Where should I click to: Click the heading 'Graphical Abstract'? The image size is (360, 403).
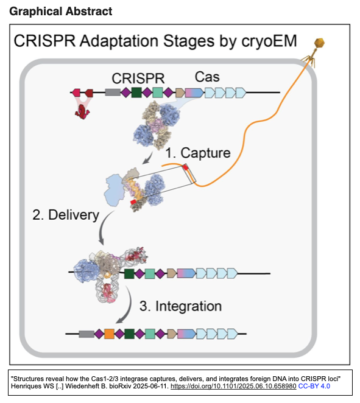[x=61, y=12]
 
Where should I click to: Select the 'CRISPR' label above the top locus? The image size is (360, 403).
[x=138, y=79]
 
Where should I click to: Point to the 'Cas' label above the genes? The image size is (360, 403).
[x=207, y=77]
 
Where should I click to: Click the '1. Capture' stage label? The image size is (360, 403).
[x=198, y=153]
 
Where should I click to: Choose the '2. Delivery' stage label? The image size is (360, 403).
[x=66, y=215]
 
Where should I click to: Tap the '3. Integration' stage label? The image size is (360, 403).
[x=180, y=306]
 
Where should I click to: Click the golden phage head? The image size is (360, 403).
[x=320, y=43]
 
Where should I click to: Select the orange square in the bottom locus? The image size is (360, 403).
[x=109, y=334]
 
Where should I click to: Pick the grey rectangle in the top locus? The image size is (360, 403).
[x=113, y=93]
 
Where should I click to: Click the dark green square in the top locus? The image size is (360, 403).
[x=136, y=93]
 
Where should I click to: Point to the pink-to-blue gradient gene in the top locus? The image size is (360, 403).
[x=194, y=93]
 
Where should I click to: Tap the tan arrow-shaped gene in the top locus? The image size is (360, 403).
[x=180, y=93]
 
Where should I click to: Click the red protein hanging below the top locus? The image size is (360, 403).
[x=82, y=112]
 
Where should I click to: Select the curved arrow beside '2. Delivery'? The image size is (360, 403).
[x=103, y=228]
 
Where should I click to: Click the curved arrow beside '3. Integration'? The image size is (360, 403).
[x=126, y=306]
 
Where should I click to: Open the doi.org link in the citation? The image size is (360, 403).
[x=233, y=387]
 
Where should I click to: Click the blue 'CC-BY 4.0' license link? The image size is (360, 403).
[x=314, y=387]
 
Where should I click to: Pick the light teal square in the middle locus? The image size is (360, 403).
[x=150, y=274]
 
